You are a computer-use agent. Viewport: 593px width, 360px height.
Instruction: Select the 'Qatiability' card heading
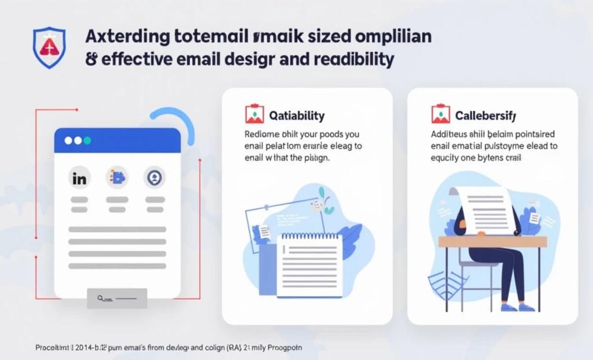(x=296, y=116)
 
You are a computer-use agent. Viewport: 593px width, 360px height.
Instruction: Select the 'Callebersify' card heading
(x=485, y=116)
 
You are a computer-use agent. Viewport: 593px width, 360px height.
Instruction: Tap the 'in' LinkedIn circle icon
(x=79, y=179)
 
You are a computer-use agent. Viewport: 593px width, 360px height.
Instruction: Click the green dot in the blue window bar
(x=87, y=140)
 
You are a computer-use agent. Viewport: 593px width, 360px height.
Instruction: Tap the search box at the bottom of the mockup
(x=117, y=298)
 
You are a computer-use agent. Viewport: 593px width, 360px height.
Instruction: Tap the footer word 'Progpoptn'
(x=284, y=348)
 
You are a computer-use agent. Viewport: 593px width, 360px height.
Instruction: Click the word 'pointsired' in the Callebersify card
(x=531, y=134)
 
